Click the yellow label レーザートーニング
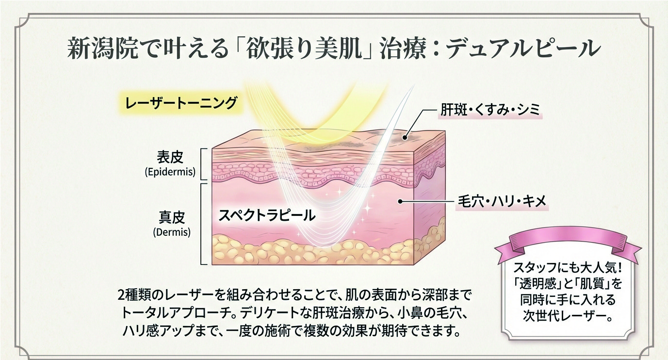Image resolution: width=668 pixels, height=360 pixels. [181, 103]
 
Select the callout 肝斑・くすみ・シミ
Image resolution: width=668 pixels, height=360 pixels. [490, 110]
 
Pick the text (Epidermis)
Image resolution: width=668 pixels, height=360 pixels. [170, 171]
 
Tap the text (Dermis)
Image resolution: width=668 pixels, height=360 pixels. [171, 232]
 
